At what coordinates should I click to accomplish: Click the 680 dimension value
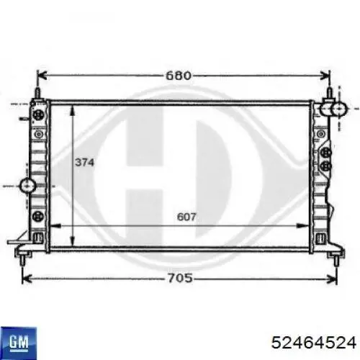point(179,76)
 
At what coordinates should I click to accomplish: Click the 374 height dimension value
point(84,163)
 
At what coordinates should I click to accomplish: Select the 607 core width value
point(186,217)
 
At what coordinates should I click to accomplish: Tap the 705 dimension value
point(180,279)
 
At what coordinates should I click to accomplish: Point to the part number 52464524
point(313,342)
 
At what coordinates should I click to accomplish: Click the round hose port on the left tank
point(28,185)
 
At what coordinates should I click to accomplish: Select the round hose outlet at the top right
point(339,109)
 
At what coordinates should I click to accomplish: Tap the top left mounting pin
point(38,94)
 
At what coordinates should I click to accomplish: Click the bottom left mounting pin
point(23,260)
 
